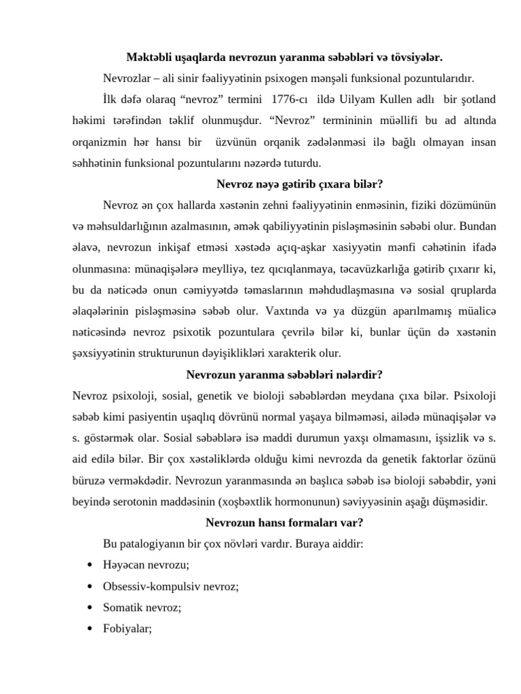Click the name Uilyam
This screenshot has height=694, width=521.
pos(368,100)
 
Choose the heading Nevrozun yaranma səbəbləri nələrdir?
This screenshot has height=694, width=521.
pos(285,374)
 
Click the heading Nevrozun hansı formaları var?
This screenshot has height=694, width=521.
pos(284,523)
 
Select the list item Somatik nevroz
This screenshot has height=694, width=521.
pos(141,607)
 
